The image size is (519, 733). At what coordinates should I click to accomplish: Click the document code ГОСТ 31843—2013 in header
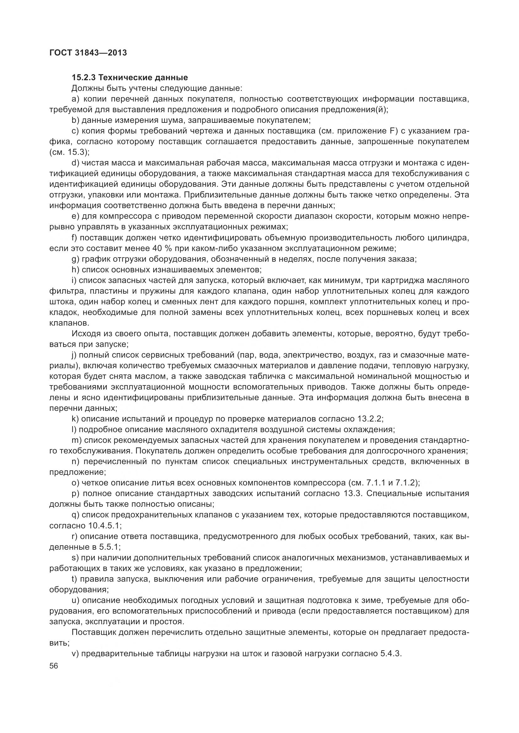tap(88, 53)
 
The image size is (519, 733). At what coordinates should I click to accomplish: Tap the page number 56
tap(54, 666)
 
